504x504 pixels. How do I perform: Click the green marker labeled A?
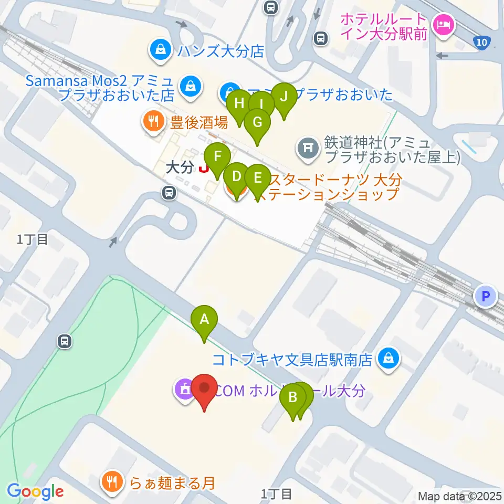(x=204, y=319)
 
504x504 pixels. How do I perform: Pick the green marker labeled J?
(x=284, y=97)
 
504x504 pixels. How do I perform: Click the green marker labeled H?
(x=239, y=103)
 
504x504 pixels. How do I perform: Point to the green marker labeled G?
(x=257, y=122)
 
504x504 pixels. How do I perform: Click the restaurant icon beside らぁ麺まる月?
(x=112, y=481)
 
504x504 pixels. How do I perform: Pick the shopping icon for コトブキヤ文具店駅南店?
(x=388, y=360)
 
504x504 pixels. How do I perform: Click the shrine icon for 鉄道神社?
(x=308, y=150)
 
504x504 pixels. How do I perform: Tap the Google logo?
(x=35, y=492)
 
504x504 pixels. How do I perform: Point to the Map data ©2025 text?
(x=460, y=496)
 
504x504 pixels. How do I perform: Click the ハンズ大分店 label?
(x=219, y=51)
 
